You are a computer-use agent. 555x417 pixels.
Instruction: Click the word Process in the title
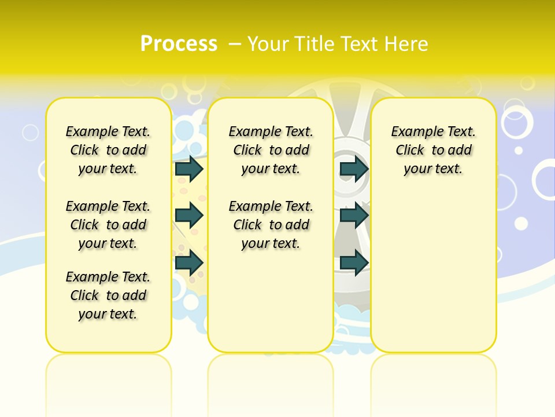tap(179, 43)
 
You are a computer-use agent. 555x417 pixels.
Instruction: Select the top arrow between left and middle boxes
tap(189, 169)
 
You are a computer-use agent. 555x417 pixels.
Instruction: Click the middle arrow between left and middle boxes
tap(189, 215)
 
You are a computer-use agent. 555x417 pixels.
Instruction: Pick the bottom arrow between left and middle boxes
tap(189, 262)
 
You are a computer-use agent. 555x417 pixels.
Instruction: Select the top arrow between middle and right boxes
tap(354, 169)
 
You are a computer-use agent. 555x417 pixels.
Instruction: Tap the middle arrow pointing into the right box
tap(354, 215)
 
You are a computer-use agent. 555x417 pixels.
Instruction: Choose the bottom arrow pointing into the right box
tap(354, 262)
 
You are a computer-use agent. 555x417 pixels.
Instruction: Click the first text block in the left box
tap(108, 150)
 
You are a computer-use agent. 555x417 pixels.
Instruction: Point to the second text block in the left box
tap(108, 225)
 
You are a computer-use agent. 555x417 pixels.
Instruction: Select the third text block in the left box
tap(108, 295)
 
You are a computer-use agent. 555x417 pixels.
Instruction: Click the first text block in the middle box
tap(271, 150)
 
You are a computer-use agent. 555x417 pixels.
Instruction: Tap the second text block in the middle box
tap(271, 225)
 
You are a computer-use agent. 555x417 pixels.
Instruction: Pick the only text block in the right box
tap(433, 150)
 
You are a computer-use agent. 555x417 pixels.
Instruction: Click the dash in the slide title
tap(235, 43)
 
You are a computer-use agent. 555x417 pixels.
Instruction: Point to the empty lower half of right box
tap(433, 272)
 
